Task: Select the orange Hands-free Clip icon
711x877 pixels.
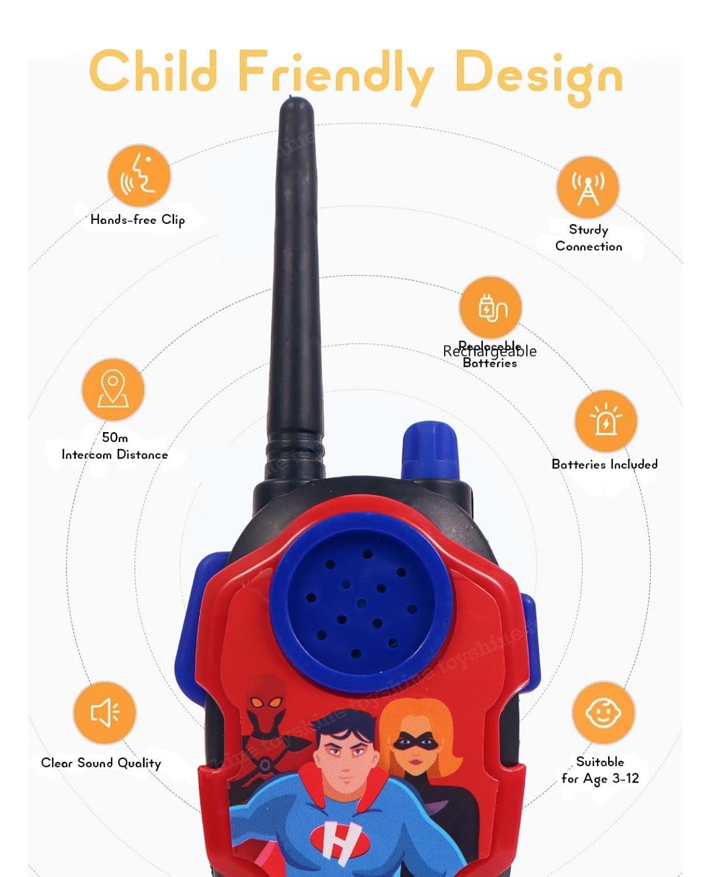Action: click(139, 175)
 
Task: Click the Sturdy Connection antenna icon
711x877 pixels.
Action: click(588, 187)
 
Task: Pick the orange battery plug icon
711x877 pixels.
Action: click(490, 308)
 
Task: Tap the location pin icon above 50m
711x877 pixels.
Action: click(112, 389)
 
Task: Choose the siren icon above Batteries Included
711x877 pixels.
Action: click(605, 420)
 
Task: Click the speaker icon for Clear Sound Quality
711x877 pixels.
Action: click(105, 712)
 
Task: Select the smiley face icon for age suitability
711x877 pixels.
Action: click(603, 712)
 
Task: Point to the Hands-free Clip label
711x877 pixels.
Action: click(138, 220)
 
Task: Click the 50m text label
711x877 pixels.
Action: click(115, 437)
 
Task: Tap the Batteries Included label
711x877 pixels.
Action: click(604, 464)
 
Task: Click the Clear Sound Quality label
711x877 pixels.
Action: click(101, 763)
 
